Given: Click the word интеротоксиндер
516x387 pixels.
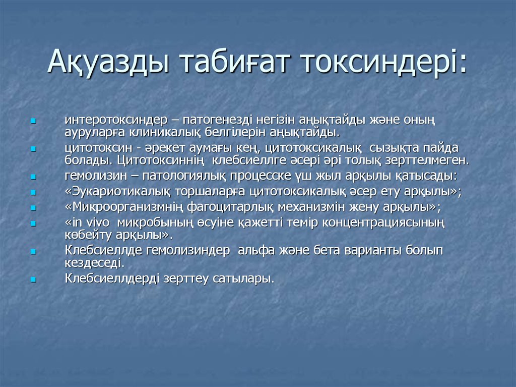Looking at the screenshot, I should [x=115, y=121].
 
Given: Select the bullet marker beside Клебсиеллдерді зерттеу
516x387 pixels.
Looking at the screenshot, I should [x=33, y=279].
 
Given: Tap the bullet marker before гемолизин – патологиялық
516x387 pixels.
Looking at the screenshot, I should [x=33, y=177].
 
